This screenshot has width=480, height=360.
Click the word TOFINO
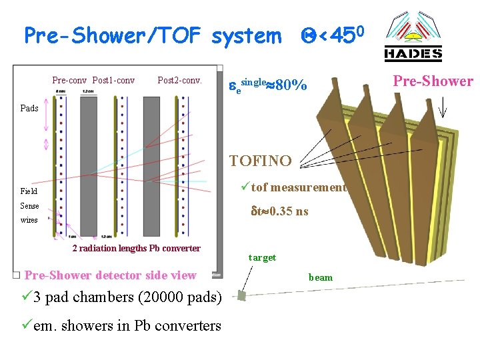(260, 161)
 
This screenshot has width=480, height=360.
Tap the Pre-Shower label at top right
(433, 81)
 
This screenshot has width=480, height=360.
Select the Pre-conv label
(70, 81)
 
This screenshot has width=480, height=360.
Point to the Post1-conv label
(113, 81)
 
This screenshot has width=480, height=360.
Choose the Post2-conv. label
(179, 81)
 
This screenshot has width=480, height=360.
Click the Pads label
(29, 108)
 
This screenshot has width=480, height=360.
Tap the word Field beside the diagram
(29, 191)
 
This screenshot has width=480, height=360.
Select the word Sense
(29, 206)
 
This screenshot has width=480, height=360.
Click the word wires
(29, 220)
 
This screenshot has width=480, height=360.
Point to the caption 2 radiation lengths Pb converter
(136, 249)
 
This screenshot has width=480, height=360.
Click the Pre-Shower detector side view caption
(110, 275)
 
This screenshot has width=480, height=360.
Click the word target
(262, 257)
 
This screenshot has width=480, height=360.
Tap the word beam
(320, 277)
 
